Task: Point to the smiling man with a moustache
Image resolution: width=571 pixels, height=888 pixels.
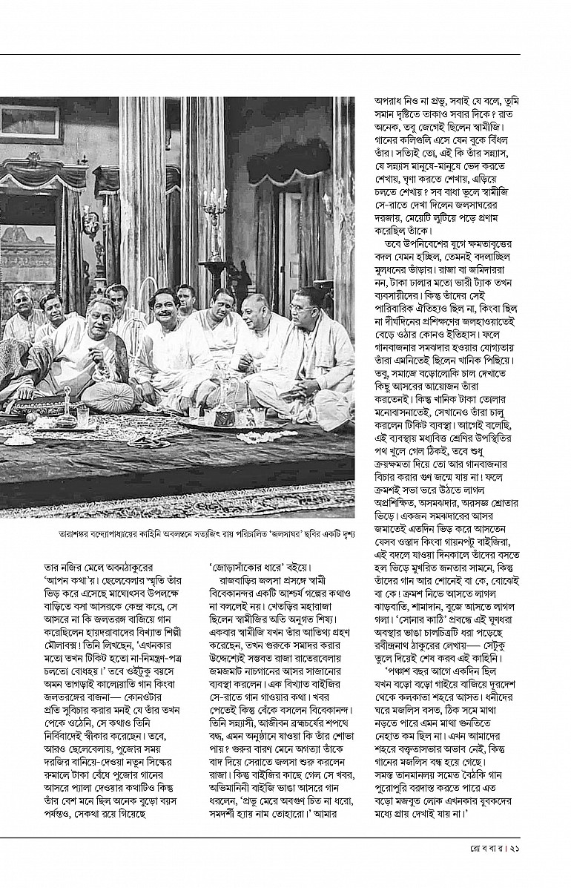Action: click(164, 303)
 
